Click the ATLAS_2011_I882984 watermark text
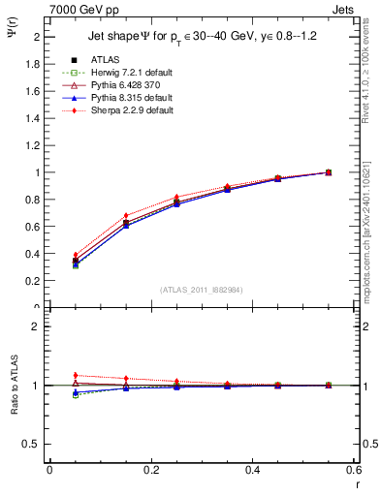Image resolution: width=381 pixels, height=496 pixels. click(201, 290)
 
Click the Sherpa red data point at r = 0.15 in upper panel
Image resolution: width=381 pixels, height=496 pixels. click(100, 215)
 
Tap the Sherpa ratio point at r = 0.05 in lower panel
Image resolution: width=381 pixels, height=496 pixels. click(49, 375)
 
